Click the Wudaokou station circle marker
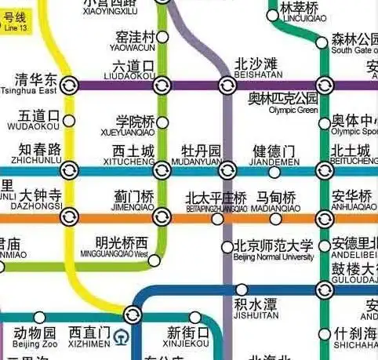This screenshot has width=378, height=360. [69, 121]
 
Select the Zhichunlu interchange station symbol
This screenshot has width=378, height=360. [69, 169]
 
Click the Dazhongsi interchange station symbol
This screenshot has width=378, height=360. [69, 216]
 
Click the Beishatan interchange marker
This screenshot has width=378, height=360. [227, 85]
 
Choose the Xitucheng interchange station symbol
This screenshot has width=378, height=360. [163, 169]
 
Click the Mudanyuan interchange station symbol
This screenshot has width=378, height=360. [227, 169]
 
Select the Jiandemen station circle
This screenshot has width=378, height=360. [274, 172]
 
